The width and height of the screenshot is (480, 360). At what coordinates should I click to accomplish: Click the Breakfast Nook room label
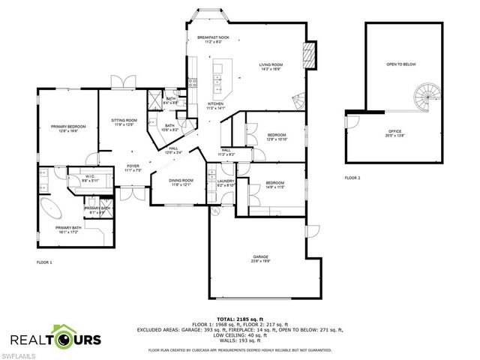[x=212, y=37]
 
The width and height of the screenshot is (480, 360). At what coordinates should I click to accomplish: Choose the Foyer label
[x=133, y=167]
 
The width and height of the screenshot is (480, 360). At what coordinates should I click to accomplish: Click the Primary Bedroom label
[x=68, y=127]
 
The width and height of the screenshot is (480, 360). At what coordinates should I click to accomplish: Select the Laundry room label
[x=226, y=181]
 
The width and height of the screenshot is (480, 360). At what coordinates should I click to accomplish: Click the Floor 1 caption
[x=44, y=262]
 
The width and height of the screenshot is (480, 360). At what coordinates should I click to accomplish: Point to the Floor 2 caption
[x=352, y=178]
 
